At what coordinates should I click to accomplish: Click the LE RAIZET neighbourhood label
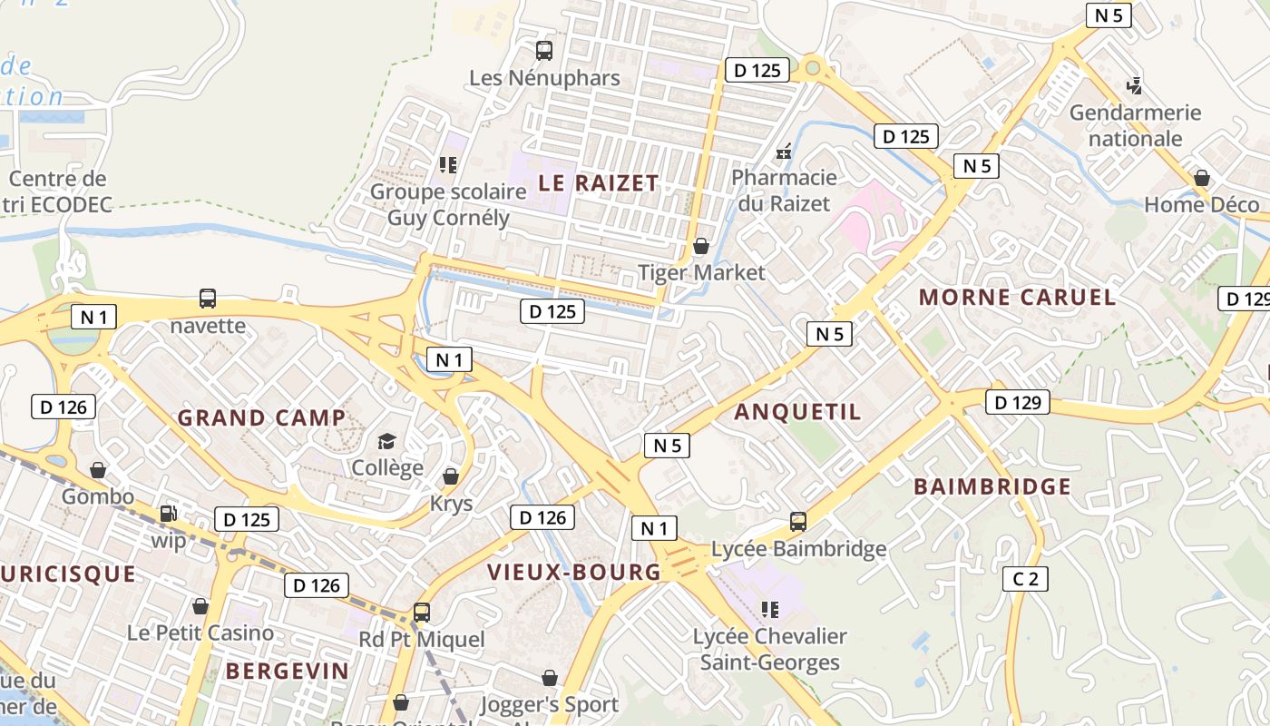pyautogui.click(x=598, y=182)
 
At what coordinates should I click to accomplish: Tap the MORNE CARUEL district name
pyautogui.click(x=1017, y=297)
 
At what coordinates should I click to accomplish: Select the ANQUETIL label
pyautogui.click(x=797, y=412)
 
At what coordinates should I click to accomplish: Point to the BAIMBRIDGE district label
pyautogui.click(x=992, y=486)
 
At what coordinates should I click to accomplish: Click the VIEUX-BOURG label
pyautogui.click(x=574, y=572)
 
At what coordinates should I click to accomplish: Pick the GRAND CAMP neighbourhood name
pyautogui.click(x=261, y=417)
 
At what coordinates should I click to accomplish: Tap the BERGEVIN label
pyautogui.click(x=287, y=671)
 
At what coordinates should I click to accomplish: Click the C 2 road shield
pyautogui.click(x=1025, y=578)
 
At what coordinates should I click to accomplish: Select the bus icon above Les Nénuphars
pyautogui.click(x=544, y=51)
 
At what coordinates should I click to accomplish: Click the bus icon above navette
pyautogui.click(x=208, y=298)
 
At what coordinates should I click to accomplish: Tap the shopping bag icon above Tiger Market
pyautogui.click(x=700, y=246)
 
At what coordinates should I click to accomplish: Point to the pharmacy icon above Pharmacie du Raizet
pyautogui.click(x=784, y=152)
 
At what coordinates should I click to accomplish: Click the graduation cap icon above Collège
pyautogui.click(x=387, y=442)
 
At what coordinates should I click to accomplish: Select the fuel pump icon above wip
pyautogui.click(x=168, y=514)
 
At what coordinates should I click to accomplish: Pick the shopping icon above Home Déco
pyautogui.click(x=1202, y=178)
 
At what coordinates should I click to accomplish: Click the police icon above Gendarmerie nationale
pyautogui.click(x=1133, y=86)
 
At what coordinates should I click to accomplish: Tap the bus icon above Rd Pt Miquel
pyautogui.click(x=421, y=612)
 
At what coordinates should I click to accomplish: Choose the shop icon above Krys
pyautogui.click(x=451, y=476)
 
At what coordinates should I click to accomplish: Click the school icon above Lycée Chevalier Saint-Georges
pyautogui.click(x=770, y=609)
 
